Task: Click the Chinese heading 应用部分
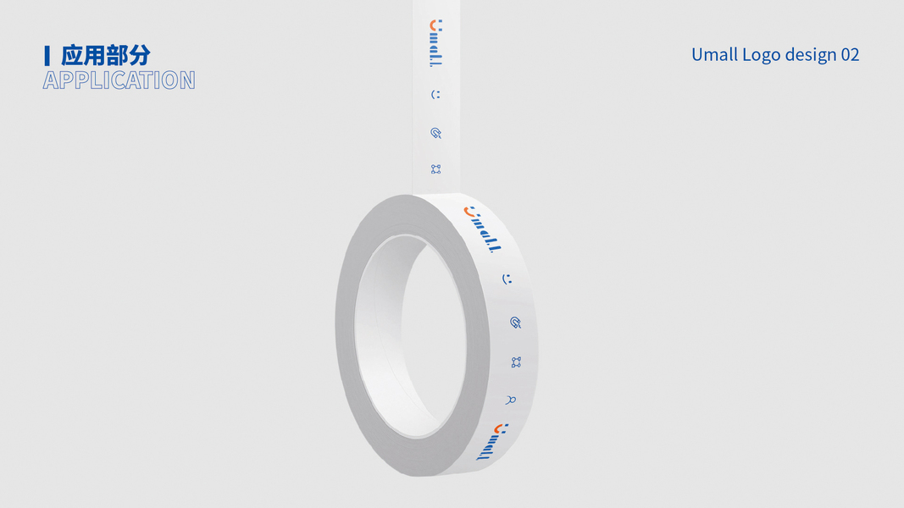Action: point(106,55)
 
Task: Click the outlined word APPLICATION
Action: point(119,80)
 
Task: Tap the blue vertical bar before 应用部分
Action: point(47,56)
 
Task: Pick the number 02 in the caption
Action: point(851,55)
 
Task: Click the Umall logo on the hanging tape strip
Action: point(435,43)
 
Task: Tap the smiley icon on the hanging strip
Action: point(435,95)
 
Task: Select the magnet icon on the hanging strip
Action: point(435,133)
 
